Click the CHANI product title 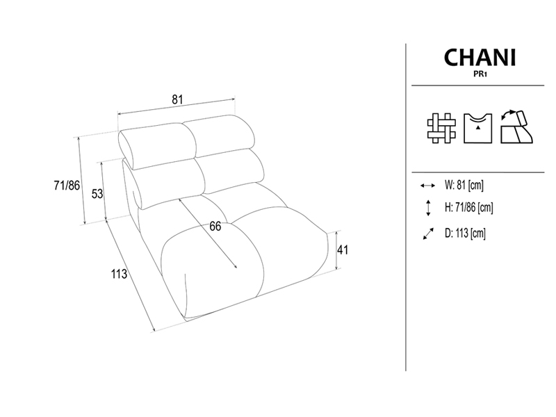coord(480,58)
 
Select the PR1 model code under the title coord(480,75)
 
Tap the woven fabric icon coord(441,128)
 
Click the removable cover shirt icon coord(477,128)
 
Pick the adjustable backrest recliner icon coord(516,127)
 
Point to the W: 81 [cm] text coord(464,185)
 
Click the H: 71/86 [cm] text coord(468,207)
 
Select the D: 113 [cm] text coord(465,233)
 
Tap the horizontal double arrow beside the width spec coord(427,186)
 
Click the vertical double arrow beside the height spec coord(428,208)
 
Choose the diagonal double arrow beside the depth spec coord(428,234)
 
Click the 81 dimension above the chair coord(177,99)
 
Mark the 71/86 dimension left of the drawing coord(67,185)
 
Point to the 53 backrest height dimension coord(97,194)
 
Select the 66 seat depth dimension coord(215,227)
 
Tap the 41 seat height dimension coord(343,250)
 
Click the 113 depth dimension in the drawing coord(119,274)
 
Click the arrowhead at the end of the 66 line coord(236,266)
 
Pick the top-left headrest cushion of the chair coord(156,146)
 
